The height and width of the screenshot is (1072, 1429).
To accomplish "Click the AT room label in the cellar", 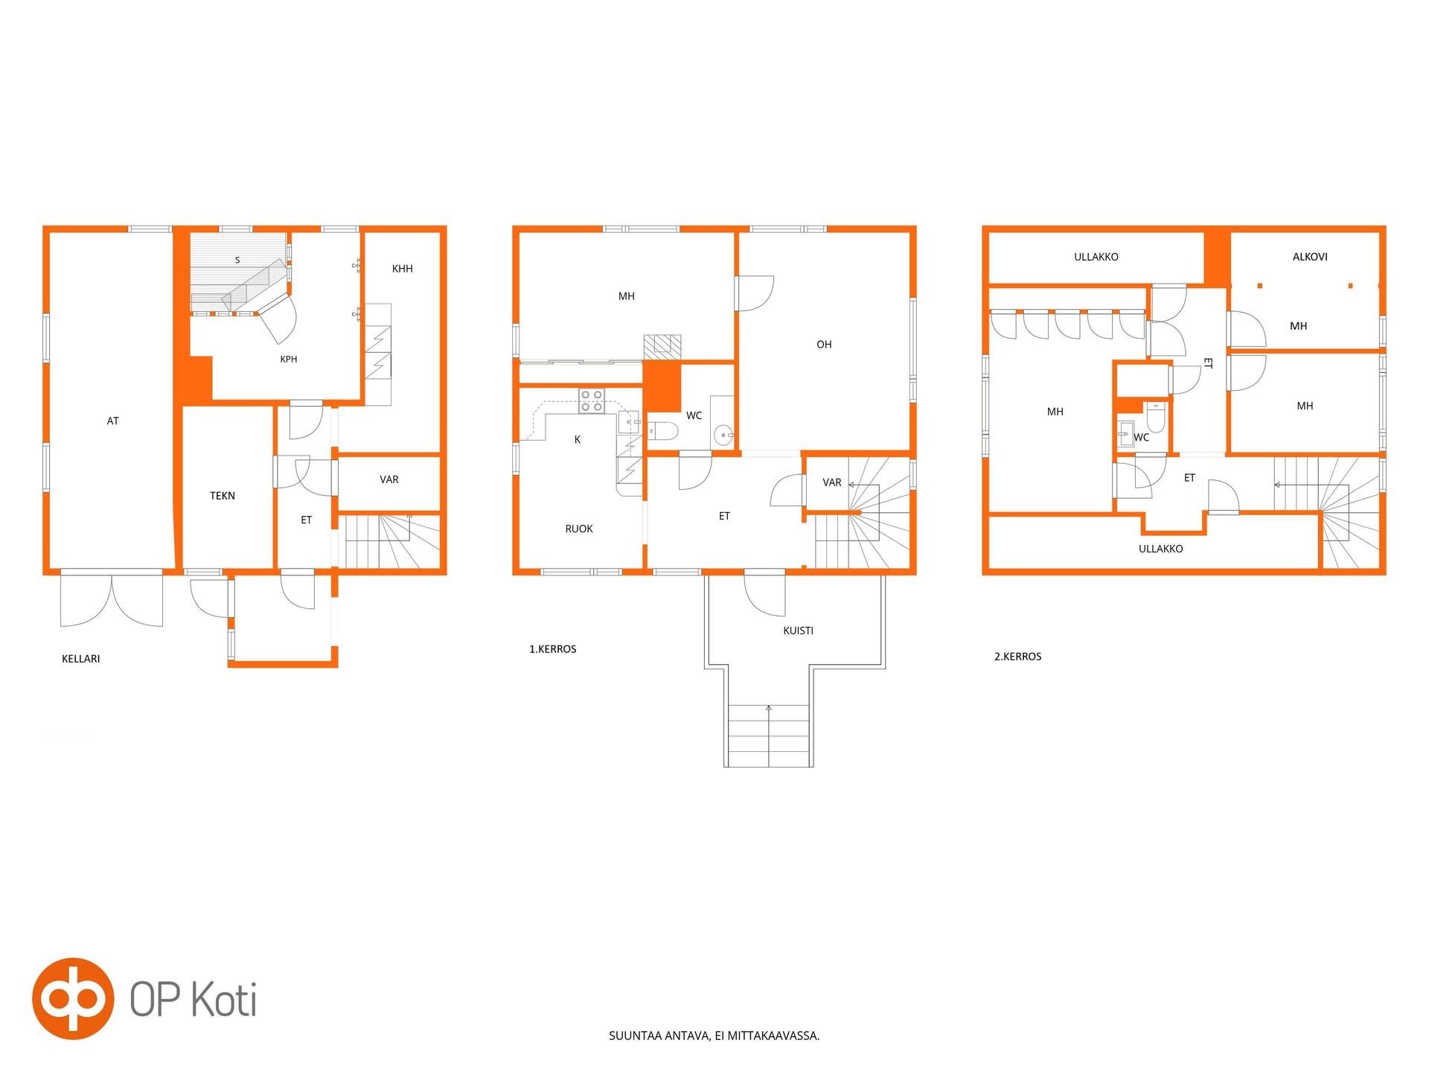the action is coord(113,421).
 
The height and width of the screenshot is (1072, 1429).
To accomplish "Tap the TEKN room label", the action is coord(223,496).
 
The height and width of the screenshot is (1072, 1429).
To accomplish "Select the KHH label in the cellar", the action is coord(403,269).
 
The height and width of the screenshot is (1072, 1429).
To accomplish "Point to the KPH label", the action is coord(289,360).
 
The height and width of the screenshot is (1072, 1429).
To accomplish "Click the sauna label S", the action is coord(237,261).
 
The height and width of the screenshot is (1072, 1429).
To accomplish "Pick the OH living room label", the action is coord(824,345).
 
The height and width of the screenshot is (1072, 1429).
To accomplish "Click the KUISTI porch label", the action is coord(799,631).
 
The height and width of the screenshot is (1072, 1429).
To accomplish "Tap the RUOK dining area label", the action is coord(579,529).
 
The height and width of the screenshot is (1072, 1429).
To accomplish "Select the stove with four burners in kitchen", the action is coord(592,401).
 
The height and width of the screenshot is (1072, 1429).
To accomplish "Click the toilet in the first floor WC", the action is coord(662,431).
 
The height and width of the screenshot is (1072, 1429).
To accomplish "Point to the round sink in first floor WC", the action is coord(723,435).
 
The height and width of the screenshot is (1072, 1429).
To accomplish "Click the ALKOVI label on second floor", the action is coord(1310,257).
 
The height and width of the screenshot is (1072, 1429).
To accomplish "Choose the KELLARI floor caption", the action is coord(81,659).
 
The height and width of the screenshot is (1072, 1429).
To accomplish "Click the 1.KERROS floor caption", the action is coord(553,649).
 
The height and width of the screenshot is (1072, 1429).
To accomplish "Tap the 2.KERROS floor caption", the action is coord(1018,657).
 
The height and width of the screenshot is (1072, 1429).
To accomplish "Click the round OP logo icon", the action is coord(73,998).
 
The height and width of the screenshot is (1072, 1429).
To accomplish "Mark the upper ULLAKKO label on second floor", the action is coord(1096,257).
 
